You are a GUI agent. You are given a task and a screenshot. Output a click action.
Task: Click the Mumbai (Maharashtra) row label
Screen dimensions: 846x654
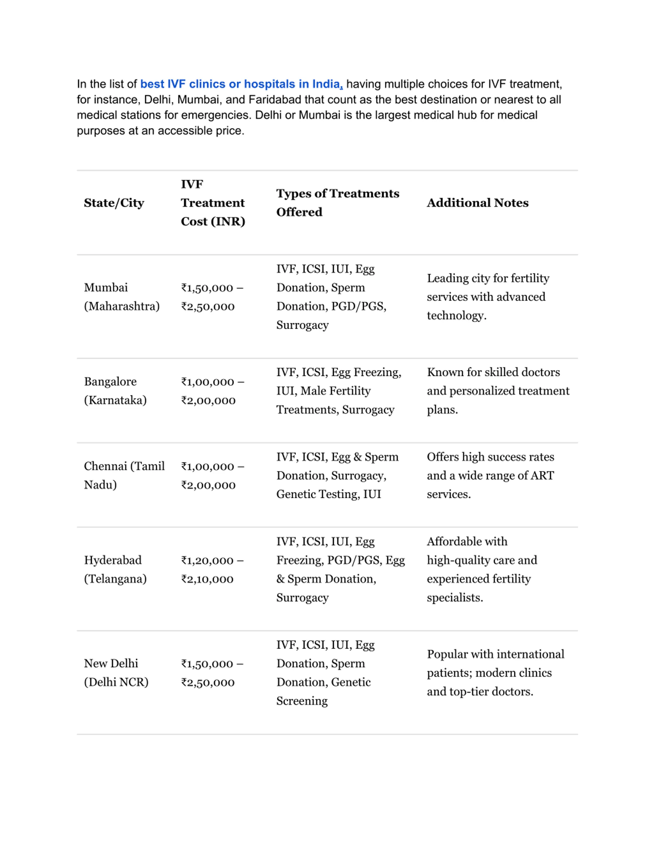point(122,297)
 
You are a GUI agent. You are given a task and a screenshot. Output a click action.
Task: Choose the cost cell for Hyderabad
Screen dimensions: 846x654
point(212,569)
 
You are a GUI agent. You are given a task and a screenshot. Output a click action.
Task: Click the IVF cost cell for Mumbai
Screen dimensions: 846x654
point(212,297)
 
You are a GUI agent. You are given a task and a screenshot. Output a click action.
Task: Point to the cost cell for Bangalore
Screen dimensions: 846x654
point(212,391)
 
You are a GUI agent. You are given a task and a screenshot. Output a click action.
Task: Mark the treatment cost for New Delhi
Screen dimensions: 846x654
point(212,673)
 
